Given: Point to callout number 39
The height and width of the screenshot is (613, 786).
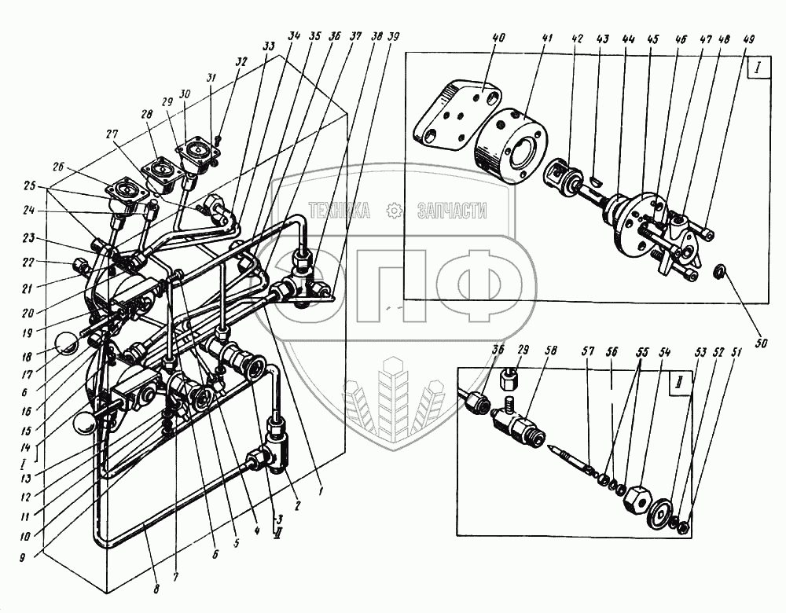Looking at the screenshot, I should pyautogui.click(x=392, y=36).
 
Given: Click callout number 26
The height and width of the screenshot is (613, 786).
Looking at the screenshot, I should pyautogui.click(x=59, y=166).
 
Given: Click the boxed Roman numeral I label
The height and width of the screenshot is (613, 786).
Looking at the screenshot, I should pyautogui.click(x=756, y=68).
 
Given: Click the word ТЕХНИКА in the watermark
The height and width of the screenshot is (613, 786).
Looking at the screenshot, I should pyautogui.click(x=340, y=211).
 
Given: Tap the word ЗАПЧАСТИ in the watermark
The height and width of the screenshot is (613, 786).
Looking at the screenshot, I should pyautogui.click(x=453, y=211).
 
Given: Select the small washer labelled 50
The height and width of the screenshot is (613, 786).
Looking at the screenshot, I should pyautogui.click(x=718, y=273).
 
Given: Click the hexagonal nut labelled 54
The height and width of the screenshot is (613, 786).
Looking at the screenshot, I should pyautogui.click(x=635, y=496).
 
